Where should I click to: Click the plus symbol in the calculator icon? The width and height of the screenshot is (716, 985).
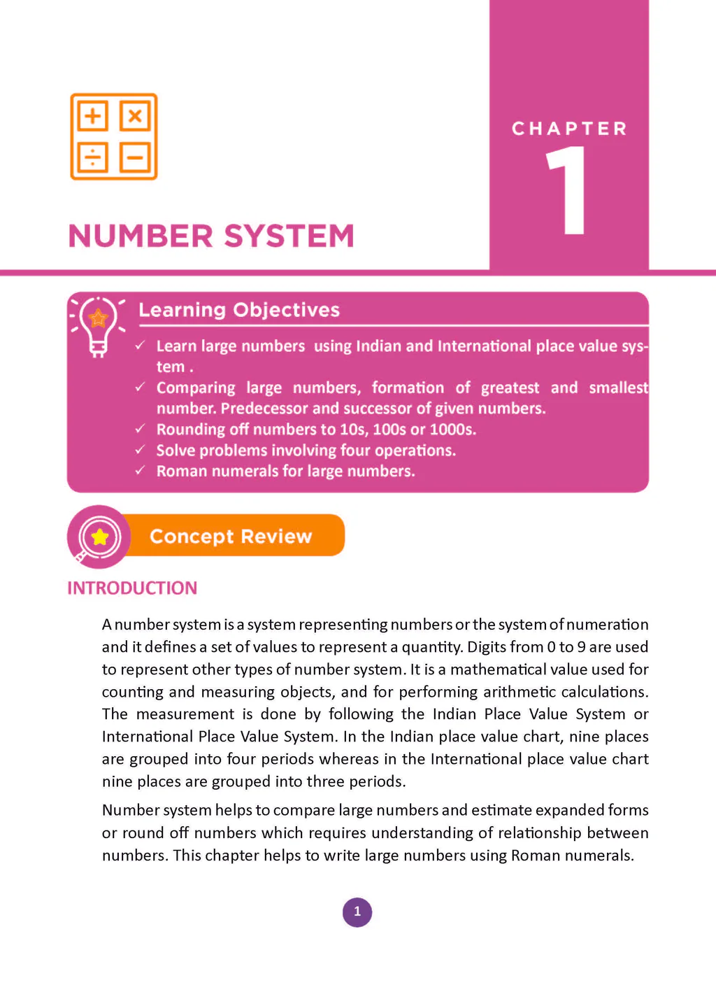[x=93, y=115]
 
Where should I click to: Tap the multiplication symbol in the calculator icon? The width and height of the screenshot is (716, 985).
[x=135, y=115]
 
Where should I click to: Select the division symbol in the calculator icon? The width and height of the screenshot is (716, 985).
[x=93, y=157]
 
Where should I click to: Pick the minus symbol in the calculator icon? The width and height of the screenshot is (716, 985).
[x=135, y=157]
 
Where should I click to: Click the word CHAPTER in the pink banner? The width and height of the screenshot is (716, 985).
[x=569, y=129]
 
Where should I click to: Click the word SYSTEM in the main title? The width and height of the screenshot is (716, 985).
[x=289, y=236]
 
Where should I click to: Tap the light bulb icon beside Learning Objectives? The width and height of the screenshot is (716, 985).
[x=98, y=326]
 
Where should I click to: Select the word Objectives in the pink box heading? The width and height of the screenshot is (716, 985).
[x=286, y=310]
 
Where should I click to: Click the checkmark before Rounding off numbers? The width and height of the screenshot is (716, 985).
[x=141, y=428]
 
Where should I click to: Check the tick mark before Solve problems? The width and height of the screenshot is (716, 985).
[x=141, y=449]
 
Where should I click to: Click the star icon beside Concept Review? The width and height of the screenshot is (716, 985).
[x=100, y=537]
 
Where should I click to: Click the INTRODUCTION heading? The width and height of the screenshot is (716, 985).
[x=132, y=588]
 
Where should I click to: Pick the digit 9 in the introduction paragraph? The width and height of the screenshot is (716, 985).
[x=581, y=647]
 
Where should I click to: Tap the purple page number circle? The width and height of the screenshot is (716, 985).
[x=357, y=912]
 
